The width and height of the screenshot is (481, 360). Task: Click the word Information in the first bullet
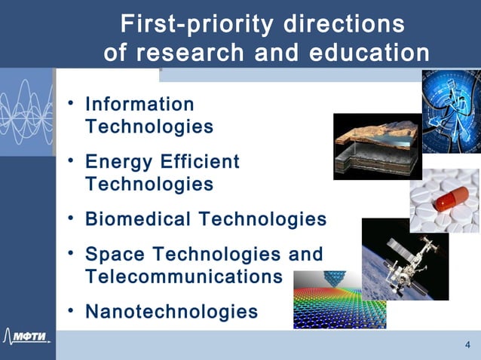click(139, 104)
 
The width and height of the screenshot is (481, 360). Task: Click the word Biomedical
click(138, 219)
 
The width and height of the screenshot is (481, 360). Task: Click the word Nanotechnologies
click(171, 311)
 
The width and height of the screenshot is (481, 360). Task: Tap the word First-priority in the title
click(193, 24)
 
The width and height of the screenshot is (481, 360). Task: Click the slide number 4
click(467, 345)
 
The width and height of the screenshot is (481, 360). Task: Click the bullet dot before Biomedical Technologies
click(70, 218)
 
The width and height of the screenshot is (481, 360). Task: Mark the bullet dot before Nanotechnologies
click(70, 310)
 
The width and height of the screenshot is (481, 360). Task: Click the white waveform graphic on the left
click(26, 113)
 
